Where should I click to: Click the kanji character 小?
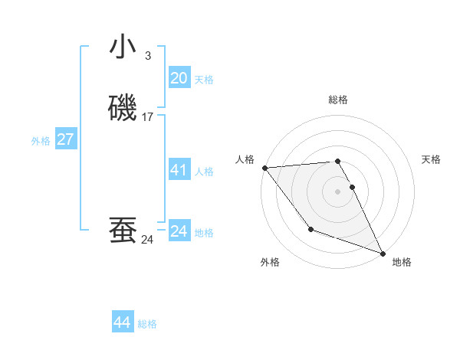pyautogui.click(x=123, y=47)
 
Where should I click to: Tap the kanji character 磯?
pyautogui.click(x=123, y=108)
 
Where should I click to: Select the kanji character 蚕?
pyautogui.click(x=123, y=230)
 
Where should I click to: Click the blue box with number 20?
pyautogui.click(x=179, y=77)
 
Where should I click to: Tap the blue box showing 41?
pyautogui.click(x=179, y=170)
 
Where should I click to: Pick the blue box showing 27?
pyautogui.click(x=65, y=139)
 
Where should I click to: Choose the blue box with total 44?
pyautogui.click(x=123, y=322)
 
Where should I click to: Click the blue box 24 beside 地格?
pyautogui.click(x=179, y=231)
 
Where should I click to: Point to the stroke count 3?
pyautogui.click(x=147, y=55)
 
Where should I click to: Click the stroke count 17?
pyautogui.click(x=148, y=117)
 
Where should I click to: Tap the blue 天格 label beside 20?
pyautogui.click(x=204, y=79)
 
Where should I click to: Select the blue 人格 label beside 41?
pyautogui.click(x=204, y=172)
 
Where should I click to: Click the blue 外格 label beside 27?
pyautogui.click(x=41, y=141)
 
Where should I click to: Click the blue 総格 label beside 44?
pyautogui.click(x=147, y=324)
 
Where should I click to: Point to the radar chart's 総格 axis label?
pyautogui.click(x=338, y=100)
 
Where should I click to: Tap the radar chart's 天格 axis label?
pyautogui.click(x=431, y=159)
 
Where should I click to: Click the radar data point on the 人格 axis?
pyautogui.click(x=264, y=167)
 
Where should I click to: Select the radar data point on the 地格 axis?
pyautogui.click(x=383, y=253)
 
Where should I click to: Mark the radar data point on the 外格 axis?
pyautogui.click(x=310, y=229)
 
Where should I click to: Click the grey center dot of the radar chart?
pyautogui.click(x=338, y=191)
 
